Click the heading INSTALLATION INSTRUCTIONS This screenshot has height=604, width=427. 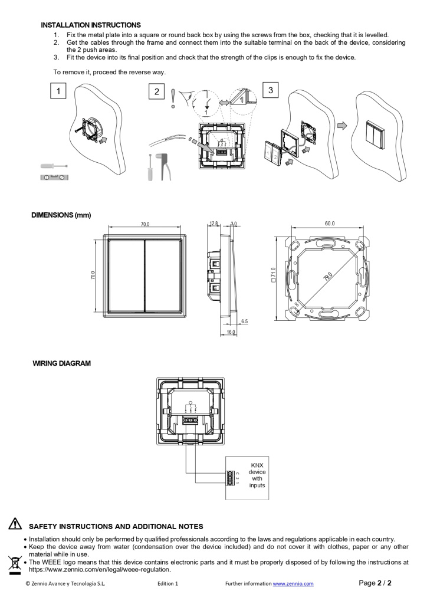(x=91, y=25)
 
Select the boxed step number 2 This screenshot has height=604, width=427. (x=156, y=91)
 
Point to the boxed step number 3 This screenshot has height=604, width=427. (x=270, y=90)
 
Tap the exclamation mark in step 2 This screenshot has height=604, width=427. (x=172, y=99)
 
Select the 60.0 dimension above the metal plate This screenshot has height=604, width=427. (x=329, y=224)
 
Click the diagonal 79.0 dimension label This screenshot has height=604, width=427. (x=327, y=275)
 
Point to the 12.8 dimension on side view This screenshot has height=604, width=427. (x=213, y=224)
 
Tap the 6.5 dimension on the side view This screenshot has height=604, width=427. (x=244, y=321)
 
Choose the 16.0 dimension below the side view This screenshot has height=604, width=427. (x=231, y=333)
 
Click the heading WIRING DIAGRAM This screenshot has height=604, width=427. (x=61, y=363)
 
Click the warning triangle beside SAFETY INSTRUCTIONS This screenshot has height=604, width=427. (x=15, y=524)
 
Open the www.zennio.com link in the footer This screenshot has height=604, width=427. (x=293, y=583)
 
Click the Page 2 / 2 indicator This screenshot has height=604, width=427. (x=375, y=583)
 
